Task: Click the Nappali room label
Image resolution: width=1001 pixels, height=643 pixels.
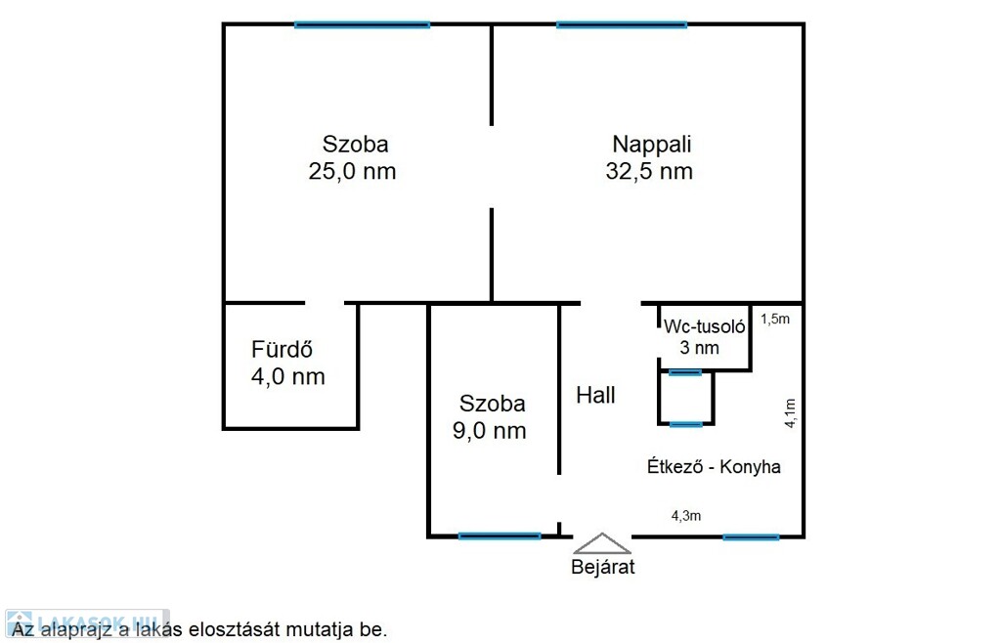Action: [651, 145]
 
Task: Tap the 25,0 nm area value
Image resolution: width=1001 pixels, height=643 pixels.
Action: [352, 171]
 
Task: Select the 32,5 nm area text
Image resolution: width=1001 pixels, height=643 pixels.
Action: [649, 171]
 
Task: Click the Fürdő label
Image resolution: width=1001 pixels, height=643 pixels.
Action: [282, 349]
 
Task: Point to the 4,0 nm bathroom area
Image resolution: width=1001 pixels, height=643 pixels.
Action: [288, 376]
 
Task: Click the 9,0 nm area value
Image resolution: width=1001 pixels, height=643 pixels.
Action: [489, 431]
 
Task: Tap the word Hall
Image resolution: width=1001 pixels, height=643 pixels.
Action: [595, 395]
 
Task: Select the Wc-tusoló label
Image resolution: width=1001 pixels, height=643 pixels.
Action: [704, 326]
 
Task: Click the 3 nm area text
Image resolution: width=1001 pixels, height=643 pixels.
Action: [699, 348]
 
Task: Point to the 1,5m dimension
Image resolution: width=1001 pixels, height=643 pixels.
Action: [775, 319]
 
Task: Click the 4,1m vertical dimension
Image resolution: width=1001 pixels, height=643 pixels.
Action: [790, 412]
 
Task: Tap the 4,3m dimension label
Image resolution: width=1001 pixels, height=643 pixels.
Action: [685, 515]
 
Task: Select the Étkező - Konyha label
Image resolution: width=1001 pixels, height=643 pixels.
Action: [714, 466]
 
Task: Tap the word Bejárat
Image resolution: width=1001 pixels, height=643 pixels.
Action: [602, 567]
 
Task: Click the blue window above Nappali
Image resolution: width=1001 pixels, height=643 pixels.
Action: [622, 24]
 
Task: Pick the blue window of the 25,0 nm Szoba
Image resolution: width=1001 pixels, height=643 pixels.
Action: [362, 24]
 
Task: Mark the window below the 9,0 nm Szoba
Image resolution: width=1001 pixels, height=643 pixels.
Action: [500, 536]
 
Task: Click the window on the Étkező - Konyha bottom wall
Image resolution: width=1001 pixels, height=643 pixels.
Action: [751, 537]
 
